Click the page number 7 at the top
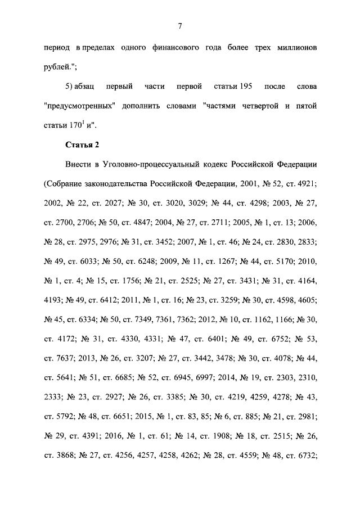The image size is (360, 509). (x=180, y=25)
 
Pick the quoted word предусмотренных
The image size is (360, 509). (x=77, y=107)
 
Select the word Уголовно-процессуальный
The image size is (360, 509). (x=149, y=164)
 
